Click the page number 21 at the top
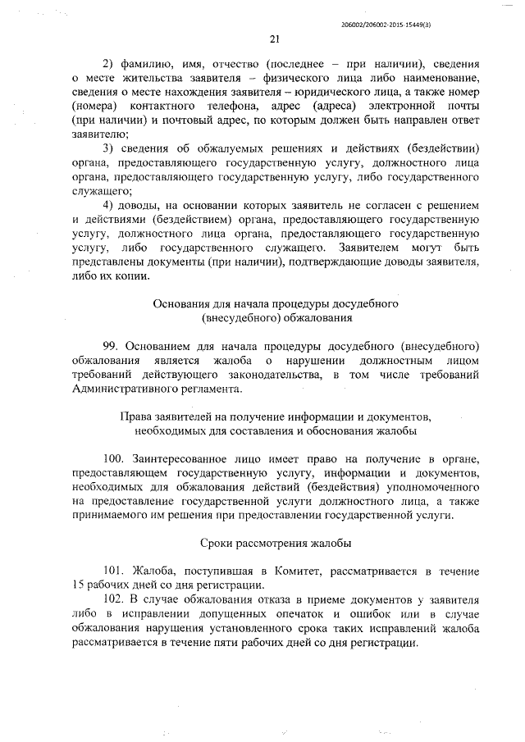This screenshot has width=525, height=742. (276, 38)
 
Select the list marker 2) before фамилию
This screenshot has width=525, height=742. (107, 64)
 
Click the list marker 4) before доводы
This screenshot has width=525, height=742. (107, 204)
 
